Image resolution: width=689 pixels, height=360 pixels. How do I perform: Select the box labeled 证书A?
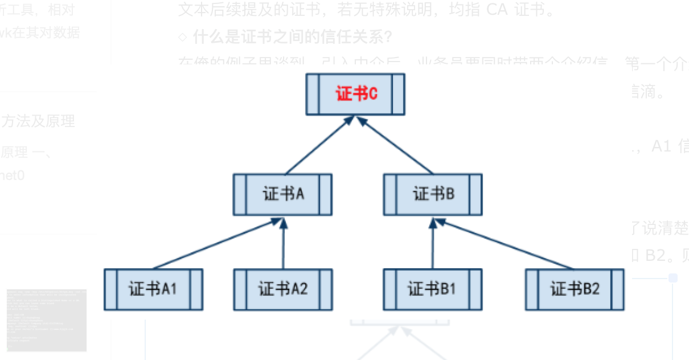[283, 195]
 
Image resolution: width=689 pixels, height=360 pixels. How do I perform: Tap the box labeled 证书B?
[433, 195]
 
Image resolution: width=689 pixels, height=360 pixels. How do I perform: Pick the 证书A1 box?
[153, 289]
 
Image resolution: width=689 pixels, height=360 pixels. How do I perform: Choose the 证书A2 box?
[283, 289]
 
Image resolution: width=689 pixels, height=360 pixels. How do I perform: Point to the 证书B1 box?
[432, 289]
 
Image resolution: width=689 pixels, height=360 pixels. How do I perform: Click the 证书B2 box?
[575, 289]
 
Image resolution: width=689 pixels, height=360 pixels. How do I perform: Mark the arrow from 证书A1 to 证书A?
[216, 243]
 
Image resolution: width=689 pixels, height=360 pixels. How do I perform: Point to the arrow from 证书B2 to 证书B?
[504, 243]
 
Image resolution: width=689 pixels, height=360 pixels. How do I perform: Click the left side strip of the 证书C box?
[311, 94]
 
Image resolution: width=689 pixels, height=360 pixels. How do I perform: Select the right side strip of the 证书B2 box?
[618, 289]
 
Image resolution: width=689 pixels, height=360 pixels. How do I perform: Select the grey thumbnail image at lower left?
[47, 320]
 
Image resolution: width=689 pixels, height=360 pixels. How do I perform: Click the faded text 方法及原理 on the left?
[38, 121]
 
